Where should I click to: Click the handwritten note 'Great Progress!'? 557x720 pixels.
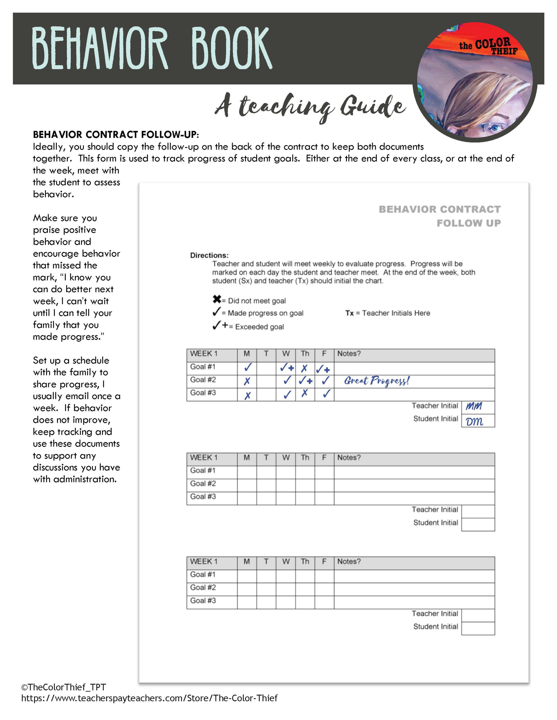pyautogui.click(x=377, y=381)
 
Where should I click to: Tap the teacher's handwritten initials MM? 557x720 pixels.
pyautogui.click(x=474, y=406)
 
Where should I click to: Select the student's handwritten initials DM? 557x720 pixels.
pyautogui.click(x=475, y=421)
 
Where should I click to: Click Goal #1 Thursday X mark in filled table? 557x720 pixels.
pyautogui.click(x=304, y=368)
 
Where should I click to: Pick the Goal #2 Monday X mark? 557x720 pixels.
pyautogui.click(x=247, y=381)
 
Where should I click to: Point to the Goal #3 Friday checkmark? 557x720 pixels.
pyautogui.click(x=326, y=394)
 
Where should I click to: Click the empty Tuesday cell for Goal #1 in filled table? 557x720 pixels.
pyautogui.click(x=266, y=368)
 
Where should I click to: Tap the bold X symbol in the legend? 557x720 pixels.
pyautogui.click(x=217, y=299)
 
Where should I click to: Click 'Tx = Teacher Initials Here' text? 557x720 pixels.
pyautogui.click(x=388, y=313)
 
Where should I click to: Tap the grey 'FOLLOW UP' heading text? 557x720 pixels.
pyautogui.click(x=469, y=223)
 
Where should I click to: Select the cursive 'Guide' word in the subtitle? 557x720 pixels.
pyautogui.click(x=373, y=106)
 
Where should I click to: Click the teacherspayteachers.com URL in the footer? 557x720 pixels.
pyautogui.click(x=149, y=698)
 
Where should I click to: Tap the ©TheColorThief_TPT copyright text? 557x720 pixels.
pyautogui.click(x=63, y=687)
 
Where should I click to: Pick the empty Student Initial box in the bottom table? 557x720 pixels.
pyautogui.click(x=478, y=628)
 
